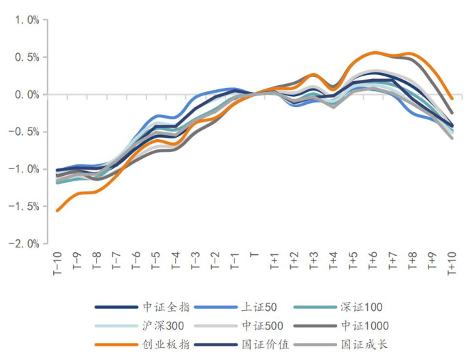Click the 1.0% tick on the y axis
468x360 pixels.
25,20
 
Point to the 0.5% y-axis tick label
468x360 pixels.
25,57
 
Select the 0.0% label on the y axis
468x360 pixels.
25,94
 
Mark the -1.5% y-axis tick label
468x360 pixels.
22,206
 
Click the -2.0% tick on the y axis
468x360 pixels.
22,243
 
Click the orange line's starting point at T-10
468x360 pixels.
57,211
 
